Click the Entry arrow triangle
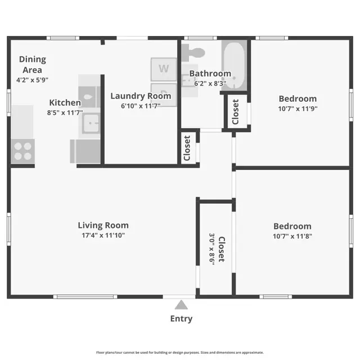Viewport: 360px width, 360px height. pos(181,305)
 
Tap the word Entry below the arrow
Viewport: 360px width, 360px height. pos(181,319)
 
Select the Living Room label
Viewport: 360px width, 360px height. pos(107,226)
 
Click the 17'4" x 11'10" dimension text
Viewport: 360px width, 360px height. pos(107,235)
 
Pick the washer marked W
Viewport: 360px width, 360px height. pos(164,69)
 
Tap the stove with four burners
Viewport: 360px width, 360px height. pos(23,150)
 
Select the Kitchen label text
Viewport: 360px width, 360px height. pos(65,102)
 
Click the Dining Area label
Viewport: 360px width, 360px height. pos(33,64)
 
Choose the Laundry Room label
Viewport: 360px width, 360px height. pos(140,96)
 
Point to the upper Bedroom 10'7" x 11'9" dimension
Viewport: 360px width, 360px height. pos(298,109)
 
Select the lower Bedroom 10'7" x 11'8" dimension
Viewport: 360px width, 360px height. pos(292,236)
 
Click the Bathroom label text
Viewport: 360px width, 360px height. pos(210,74)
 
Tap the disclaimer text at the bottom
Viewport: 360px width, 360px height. pos(180,352)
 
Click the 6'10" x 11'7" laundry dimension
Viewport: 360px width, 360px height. pos(140,105)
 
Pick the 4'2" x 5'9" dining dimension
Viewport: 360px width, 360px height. pos(33,80)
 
